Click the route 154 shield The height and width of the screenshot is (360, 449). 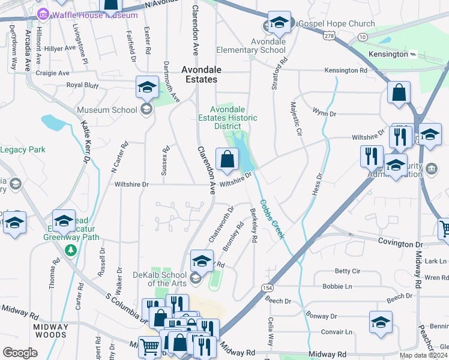(267, 288)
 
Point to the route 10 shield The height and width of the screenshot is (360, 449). (362, 37)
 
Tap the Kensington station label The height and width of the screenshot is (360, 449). (389, 54)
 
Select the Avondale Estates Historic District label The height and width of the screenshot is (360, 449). (228, 118)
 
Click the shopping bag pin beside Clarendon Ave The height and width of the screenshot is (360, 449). (226, 160)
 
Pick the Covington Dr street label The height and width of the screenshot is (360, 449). (400, 244)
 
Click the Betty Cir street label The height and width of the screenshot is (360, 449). (347, 271)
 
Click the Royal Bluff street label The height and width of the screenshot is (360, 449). (82, 85)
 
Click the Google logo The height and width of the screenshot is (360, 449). (20, 353)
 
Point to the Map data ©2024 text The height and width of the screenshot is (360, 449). (422, 355)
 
